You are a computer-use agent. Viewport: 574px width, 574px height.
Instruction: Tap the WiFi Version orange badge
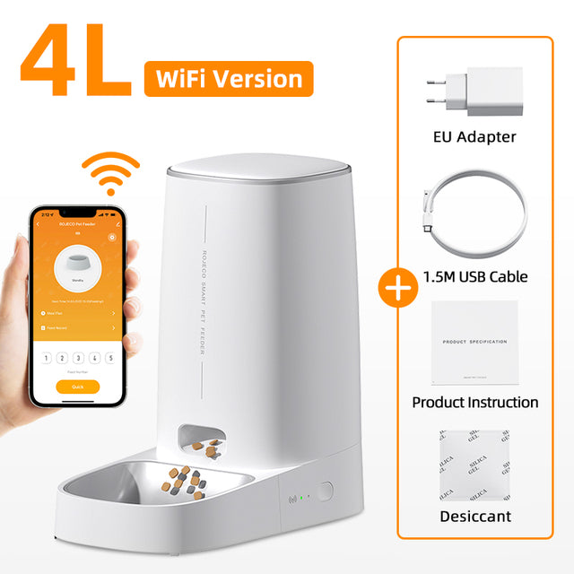228,79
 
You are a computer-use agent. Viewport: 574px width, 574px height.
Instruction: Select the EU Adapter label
474,137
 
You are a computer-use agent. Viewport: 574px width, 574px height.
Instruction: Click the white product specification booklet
474,342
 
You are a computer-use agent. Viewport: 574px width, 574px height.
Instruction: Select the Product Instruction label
475,402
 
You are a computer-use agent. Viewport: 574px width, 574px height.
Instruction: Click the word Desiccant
475,516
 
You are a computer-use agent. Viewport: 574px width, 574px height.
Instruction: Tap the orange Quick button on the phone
77,387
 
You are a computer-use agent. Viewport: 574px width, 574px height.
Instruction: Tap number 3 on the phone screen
77,356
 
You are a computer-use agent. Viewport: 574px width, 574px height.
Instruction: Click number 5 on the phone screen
109,356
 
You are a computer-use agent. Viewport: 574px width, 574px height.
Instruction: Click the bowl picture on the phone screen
76,265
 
